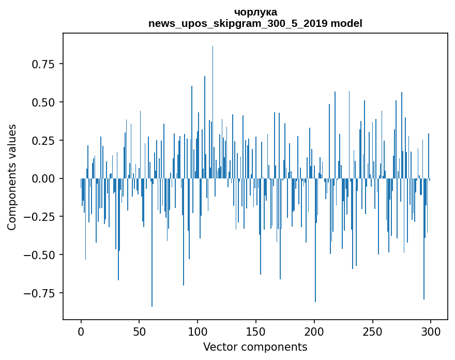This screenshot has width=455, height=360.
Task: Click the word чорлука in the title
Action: (255, 12)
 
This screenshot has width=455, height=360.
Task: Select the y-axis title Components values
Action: (12, 177)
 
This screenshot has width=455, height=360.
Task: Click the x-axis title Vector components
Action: (255, 347)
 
